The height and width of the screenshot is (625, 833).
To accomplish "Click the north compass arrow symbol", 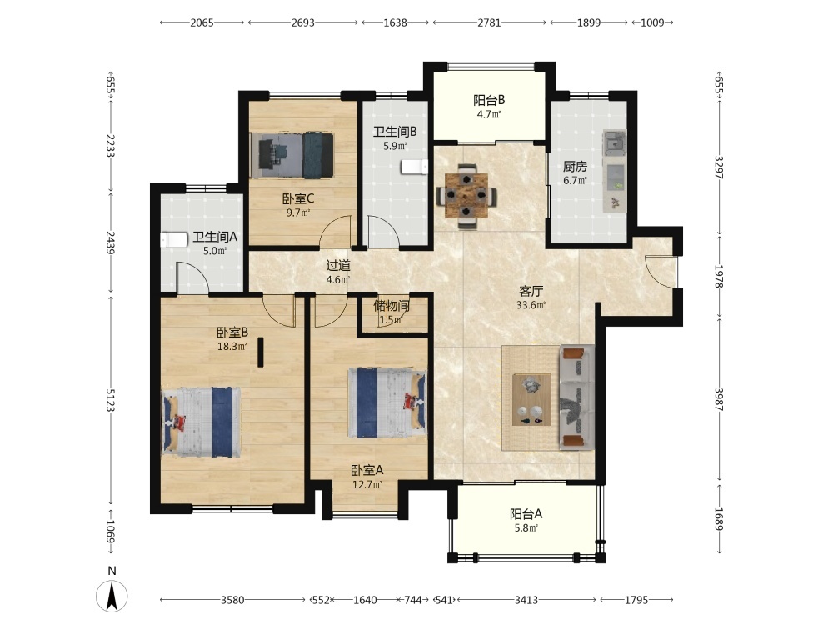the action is tap(112, 596).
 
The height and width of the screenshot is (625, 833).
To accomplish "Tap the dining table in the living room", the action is tap(466, 196).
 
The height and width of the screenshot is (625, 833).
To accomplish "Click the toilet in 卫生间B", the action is tap(414, 167).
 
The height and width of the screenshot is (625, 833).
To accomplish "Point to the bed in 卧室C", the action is tap(295, 155).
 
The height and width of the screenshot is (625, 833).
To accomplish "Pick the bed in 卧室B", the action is tap(201, 422).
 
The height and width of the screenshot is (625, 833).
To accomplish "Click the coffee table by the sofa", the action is tap(531, 400).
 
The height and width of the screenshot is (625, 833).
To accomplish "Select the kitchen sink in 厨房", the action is tap(615, 142).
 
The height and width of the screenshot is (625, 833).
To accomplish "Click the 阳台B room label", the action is tap(489, 100).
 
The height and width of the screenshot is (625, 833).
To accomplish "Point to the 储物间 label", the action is tap(392, 306).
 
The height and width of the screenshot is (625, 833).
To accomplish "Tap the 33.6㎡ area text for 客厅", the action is tap(531, 305).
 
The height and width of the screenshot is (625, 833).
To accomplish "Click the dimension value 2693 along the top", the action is tap(303, 22).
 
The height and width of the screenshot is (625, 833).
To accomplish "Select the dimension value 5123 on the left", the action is tap(111, 400).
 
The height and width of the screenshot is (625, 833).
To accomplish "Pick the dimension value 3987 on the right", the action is tap(718, 400).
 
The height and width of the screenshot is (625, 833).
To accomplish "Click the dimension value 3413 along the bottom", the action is tap(526, 600).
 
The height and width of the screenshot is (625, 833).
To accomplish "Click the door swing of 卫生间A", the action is tap(192, 277).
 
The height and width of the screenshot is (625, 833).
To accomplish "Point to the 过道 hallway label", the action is tap(338, 265).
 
